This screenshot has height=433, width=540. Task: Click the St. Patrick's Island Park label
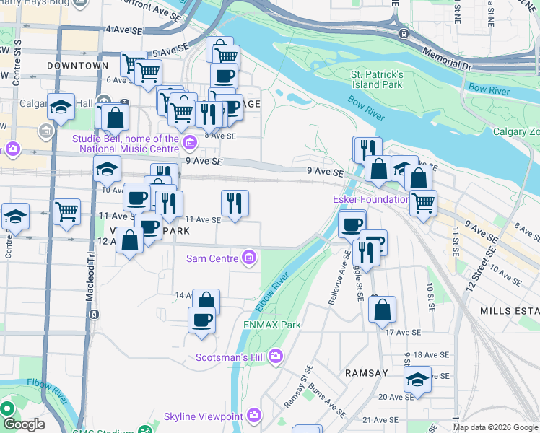pyautogui.click(x=376, y=79)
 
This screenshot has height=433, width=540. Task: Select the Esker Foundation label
pyautogui.click(x=361, y=199)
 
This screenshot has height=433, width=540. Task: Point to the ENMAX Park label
pyautogui.click(x=271, y=325)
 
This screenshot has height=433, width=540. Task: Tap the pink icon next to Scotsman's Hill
pyautogui.click(x=275, y=357)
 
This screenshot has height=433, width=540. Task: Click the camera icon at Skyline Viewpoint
pyautogui.click(x=253, y=416)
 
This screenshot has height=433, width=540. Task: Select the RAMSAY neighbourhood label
pyautogui.click(x=367, y=373)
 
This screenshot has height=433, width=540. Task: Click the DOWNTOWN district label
pyautogui.click(x=77, y=66)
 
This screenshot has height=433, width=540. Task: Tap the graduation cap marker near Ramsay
pyautogui.click(x=417, y=380)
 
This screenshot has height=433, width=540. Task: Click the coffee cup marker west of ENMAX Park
pyautogui.click(x=201, y=320)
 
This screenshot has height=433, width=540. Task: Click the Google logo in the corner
pyautogui.click(x=24, y=424)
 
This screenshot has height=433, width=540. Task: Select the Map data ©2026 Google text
pyautogui.click(x=495, y=427)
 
